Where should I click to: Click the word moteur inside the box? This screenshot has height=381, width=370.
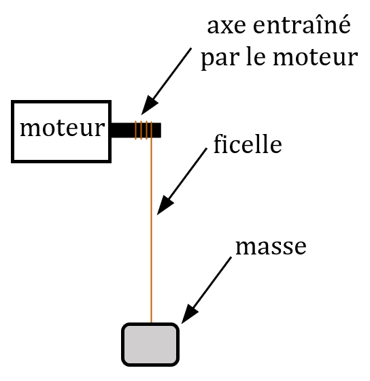click(x=63, y=129)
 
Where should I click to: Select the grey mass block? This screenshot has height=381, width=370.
click(x=150, y=344)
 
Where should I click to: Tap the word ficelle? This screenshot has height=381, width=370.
click(x=248, y=144)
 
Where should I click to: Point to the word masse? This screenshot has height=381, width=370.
click(x=271, y=246)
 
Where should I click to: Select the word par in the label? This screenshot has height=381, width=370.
click(x=220, y=59)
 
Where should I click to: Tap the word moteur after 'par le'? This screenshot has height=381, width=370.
click(x=316, y=58)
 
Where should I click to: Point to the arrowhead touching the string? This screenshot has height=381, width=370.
click(x=164, y=205)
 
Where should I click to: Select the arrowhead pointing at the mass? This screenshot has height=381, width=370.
click(x=189, y=314)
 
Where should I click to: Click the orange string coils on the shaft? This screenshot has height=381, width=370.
click(x=144, y=130)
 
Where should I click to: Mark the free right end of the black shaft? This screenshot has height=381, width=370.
click(x=161, y=130)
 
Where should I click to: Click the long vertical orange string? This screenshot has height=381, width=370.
click(x=151, y=231)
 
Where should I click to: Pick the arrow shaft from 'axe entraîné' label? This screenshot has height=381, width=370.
click(x=171, y=75)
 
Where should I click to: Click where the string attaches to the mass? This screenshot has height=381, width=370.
click(x=151, y=323)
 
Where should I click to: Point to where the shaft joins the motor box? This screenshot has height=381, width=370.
click(x=111, y=130)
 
